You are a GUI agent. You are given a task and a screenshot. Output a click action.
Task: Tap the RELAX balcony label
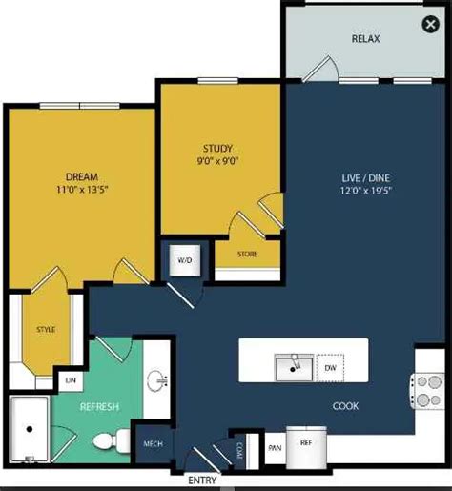366,40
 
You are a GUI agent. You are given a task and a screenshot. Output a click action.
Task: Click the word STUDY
217,148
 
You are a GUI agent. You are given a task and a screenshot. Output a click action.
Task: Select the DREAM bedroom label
81,176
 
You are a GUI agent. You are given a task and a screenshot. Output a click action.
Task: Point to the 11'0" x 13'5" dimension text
81,190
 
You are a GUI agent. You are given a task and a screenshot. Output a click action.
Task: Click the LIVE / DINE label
366,176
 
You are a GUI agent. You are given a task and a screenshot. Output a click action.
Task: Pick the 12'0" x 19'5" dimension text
366,190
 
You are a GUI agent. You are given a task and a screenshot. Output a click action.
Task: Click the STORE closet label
247,254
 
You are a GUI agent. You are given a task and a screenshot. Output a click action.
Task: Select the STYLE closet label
46,330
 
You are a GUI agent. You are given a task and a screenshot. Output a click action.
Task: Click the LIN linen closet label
70,380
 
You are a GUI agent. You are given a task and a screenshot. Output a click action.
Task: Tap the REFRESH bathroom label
99,407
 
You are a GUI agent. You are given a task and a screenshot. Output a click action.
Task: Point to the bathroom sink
158,382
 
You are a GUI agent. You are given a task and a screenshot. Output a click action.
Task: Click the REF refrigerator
306,442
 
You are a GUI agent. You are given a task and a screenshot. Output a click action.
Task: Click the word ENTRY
202,481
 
